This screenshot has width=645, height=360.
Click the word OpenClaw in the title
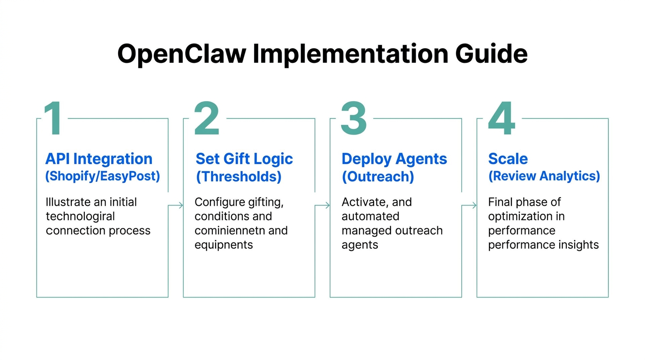tap(181, 54)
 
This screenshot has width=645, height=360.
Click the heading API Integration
tap(98, 159)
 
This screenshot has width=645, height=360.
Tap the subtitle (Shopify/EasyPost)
tap(102, 176)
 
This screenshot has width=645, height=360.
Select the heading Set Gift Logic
tap(244, 159)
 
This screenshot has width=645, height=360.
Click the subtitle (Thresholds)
tap(239, 176)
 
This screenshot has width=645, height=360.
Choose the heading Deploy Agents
tap(394, 159)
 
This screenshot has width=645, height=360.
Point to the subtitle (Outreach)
tap(378, 176)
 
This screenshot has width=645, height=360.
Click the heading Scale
tap(508, 159)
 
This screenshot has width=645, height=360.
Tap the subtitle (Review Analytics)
tap(544, 176)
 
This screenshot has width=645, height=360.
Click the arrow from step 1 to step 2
tap(176, 205)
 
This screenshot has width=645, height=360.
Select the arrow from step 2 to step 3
tap(322, 205)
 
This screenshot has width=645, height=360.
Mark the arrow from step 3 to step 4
tap(469, 205)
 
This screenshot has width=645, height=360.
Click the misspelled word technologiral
tap(80, 217)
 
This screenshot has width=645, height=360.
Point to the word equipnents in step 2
tap(224, 245)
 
